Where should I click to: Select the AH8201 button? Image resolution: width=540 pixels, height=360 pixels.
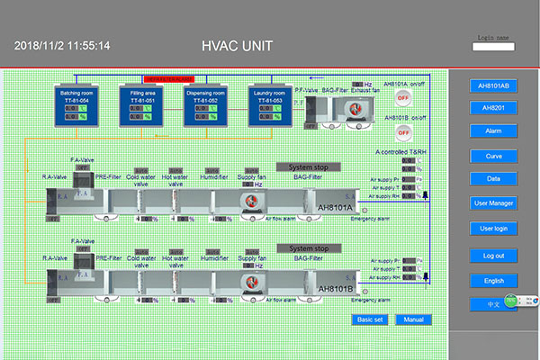pos(493,108)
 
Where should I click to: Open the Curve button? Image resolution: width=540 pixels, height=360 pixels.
pos(493,156)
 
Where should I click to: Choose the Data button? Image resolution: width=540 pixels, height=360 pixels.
pos(493,178)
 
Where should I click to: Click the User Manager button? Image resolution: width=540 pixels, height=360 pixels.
pos(493,203)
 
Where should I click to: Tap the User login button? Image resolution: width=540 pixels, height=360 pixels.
pos(493,229)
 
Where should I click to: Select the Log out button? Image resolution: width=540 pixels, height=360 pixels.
pos(493,256)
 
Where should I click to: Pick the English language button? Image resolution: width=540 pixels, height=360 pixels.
pos(493,281)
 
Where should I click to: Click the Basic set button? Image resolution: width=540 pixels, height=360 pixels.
pos(370,319)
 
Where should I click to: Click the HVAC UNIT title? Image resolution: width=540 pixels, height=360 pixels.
pos(238,45)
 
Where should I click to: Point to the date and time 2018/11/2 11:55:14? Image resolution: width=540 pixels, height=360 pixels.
pos(61,46)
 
